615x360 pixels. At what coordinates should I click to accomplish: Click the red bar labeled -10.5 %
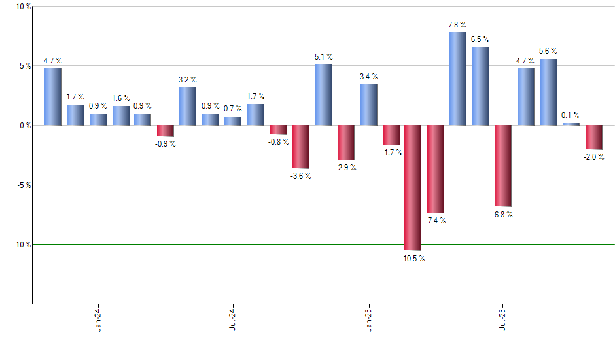click(413, 187)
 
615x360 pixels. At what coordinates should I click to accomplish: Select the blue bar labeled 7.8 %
click(458, 79)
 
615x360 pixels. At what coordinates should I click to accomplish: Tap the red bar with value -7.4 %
click(436, 169)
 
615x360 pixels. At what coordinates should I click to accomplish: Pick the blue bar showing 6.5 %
click(480, 86)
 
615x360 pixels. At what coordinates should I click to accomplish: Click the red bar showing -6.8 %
click(503, 166)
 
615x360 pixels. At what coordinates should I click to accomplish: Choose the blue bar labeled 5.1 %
click(324, 94)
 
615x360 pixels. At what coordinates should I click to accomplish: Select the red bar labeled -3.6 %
click(301, 147)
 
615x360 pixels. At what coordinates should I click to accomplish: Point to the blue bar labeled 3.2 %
click(188, 106)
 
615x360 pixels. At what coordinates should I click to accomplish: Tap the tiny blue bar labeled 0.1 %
click(571, 124)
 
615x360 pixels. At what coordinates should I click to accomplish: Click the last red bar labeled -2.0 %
click(593, 137)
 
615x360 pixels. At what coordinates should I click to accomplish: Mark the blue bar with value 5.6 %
click(549, 92)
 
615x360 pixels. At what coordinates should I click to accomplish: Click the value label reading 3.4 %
click(368, 77)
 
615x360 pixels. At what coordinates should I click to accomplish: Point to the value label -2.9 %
click(345, 168)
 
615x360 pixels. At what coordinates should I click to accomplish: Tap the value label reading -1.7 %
click(391, 153)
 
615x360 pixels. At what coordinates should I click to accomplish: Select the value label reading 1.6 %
click(120, 98)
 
